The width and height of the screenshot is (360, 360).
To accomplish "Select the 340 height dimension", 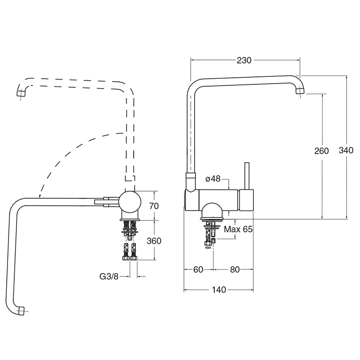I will [346, 150].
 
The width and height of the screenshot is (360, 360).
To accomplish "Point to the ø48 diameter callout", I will [213, 179].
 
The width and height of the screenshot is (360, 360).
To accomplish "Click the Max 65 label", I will [238, 229].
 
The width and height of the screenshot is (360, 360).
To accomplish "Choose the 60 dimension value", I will [198, 269].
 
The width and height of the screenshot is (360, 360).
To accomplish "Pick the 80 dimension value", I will [235, 269].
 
